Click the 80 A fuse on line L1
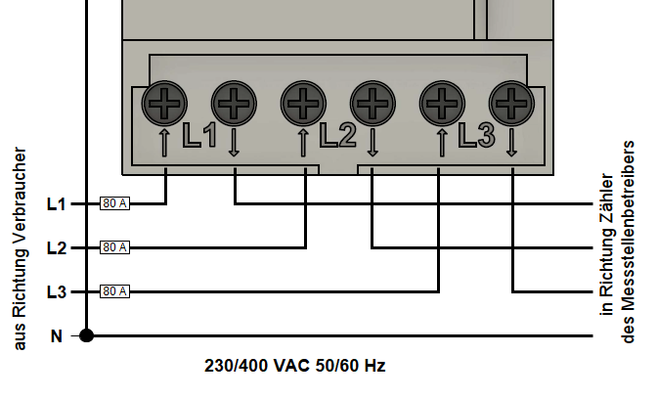coord(115,203)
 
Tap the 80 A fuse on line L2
coord(115,247)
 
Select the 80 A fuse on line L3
coord(115,291)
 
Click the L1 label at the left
coord(57,203)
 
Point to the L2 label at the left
coord(57,247)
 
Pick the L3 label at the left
coord(57,291)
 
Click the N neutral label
coord(57,335)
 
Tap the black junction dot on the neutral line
coord(86,335)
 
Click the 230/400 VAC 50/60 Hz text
coord(294,367)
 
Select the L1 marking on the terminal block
coord(199,137)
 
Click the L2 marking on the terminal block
coord(337,137)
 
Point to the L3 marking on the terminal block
coord(476,137)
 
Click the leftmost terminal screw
coord(163,100)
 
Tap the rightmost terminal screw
coord(510,100)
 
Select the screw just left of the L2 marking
coord(302,100)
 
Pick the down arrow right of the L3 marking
coord(512,142)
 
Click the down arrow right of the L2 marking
coord(372,142)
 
